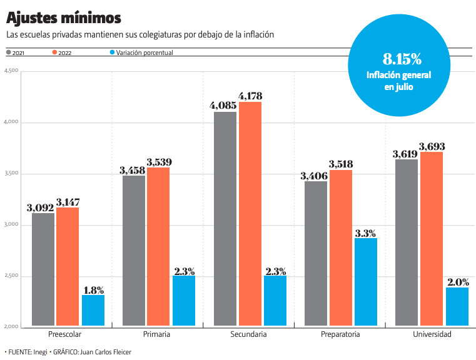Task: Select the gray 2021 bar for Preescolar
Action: (x=43, y=269)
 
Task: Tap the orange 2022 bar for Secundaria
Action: (x=250, y=213)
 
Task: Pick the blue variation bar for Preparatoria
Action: (x=365, y=281)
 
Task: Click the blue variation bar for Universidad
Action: (x=457, y=306)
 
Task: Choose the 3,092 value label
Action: (x=40, y=207)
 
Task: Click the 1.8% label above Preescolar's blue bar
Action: (x=93, y=289)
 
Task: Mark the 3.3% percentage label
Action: (x=365, y=233)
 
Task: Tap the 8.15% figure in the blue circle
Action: (x=402, y=59)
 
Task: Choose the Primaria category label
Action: (x=156, y=334)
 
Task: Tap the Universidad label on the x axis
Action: (x=432, y=334)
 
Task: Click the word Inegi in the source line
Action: (x=41, y=352)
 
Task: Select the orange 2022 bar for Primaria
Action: (x=158, y=246)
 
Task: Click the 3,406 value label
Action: (x=313, y=176)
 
